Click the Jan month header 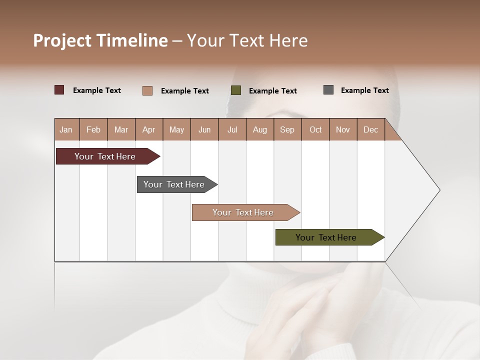click(66, 129)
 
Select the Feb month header click(93, 129)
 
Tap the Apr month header click(149, 129)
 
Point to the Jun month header click(204, 129)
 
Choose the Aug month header click(260, 129)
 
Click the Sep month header click(287, 129)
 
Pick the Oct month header click(315, 129)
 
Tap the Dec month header click(371, 129)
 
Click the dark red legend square click(59, 90)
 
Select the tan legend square click(147, 90)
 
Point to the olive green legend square click(236, 90)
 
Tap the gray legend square click(328, 90)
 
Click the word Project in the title click(62, 40)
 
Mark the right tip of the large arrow click(439, 190)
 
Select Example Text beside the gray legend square click(364, 90)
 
